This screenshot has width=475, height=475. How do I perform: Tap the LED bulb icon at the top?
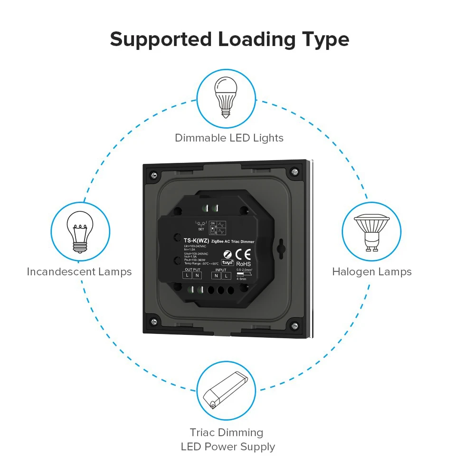coord(226,98)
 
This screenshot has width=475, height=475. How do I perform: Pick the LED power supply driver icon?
coord(226,390)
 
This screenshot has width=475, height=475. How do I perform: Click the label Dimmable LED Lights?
coord(229,138)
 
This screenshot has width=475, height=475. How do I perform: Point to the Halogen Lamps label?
coord(371,272)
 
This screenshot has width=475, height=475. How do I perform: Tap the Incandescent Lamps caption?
coord(79,272)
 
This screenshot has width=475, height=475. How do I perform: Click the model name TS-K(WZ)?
coord(196,241)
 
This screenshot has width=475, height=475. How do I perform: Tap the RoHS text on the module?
coord(243,264)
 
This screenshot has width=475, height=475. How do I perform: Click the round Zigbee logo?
coord(228,253)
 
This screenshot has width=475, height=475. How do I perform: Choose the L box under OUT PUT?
coord(188,275)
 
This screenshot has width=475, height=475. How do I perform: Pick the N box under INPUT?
coord(216,275)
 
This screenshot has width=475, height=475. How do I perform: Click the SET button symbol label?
coord(201,228)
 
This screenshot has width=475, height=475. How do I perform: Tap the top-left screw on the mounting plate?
coord(154,172)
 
